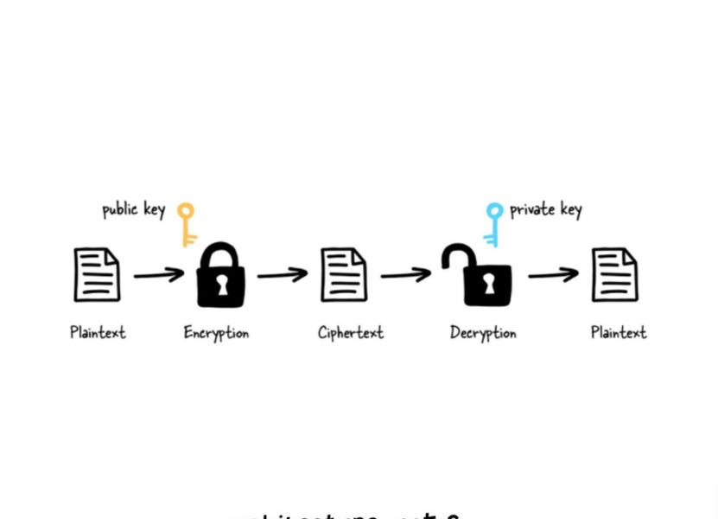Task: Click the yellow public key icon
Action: pyautogui.click(x=187, y=222)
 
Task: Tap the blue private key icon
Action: pyautogui.click(x=494, y=223)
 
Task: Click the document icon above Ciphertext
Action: pyautogui.click(x=344, y=274)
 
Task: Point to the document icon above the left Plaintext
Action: pyautogui.click(x=97, y=275)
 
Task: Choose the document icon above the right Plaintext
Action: pyautogui.click(x=614, y=274)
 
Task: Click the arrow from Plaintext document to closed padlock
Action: pyautogui.click(x=159, y=275)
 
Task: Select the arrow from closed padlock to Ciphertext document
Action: pyautogui.click(x=283, y=275)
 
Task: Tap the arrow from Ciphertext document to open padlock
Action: pyautogui.click(x=406, y=275)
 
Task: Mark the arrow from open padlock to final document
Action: pyautogui.click(x=554, y=275)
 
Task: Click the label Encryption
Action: pyautogui.click(x=216, y=333)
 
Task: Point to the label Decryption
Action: pyautogui.click(x=483, y=333)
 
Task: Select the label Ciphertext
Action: pyautogui.click(x=350, y=333)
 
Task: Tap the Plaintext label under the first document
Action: pyautogui.click(x=98, y=333)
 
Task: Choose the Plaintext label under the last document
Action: pyautogui.click(x=619, y=333)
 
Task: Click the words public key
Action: pyautogui.click(x=133, y=209)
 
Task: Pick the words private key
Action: pyautogui.click(x=545, y=209)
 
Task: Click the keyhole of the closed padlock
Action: pyautogui.click(x=222, y=285)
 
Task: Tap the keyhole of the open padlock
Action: pyautogui.click(x=487, y=285)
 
